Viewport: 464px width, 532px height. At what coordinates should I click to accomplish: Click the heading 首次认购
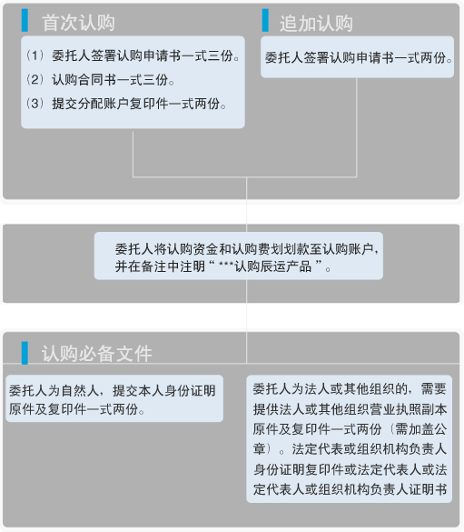tap(78, 23)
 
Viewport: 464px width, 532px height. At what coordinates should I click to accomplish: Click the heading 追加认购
tap(316, 24)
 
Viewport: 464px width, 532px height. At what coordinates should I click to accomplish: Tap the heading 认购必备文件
tap(97, 354)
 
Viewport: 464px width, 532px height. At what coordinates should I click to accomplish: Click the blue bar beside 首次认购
tap(25, 20)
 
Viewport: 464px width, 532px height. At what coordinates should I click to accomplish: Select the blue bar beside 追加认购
tap(265, 20)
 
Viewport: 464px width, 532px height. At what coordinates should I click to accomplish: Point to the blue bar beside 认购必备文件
tap(25, 353)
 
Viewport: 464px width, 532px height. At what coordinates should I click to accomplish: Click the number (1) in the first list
tap(35, 55)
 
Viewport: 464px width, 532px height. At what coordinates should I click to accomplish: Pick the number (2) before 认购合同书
tap(35, 79)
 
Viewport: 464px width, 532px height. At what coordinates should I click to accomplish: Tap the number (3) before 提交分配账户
tap(35, 104)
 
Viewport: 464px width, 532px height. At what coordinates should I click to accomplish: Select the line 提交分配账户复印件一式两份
tap(139, 104)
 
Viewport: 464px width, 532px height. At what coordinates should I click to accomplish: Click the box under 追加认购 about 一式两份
tap(358, 57)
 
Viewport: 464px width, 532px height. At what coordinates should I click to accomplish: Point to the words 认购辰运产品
tap(273, 266)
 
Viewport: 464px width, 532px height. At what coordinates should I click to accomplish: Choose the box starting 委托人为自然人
tap(114, 398)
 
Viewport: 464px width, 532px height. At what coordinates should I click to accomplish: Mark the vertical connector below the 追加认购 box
tap(357, 127)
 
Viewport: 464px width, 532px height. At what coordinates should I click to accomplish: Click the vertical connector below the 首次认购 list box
tap(133, 153)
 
